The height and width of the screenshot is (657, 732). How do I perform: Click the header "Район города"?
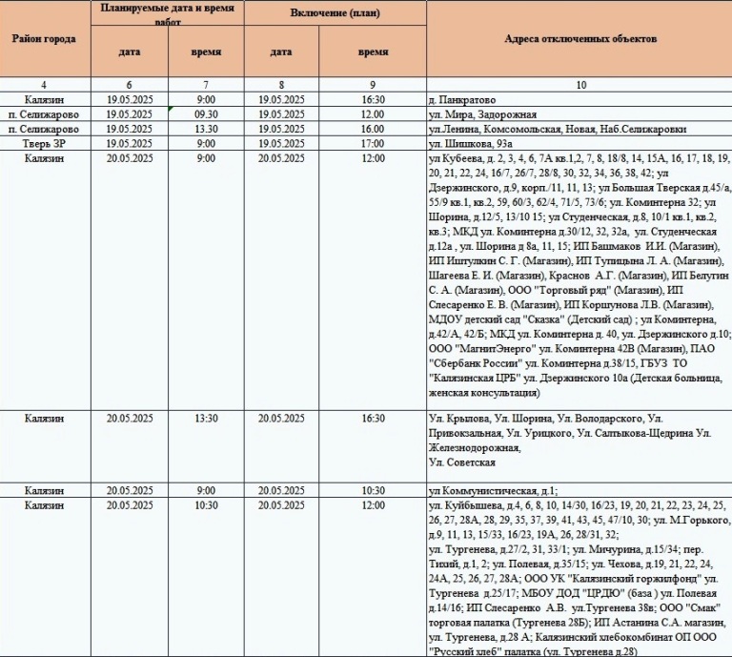[46, 39]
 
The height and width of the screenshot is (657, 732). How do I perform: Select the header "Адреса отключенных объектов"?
[579, 39]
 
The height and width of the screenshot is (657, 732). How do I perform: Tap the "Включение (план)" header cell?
[335, 12]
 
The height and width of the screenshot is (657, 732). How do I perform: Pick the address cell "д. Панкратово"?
[463, 99]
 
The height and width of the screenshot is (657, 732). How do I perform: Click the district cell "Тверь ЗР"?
[46, 143]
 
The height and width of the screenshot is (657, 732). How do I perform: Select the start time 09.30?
[206, 114]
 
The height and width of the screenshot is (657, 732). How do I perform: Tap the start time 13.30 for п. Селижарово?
[206, 129]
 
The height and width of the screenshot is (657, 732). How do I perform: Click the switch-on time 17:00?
[373, 143]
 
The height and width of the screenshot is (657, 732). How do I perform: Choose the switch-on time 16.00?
[373, 129]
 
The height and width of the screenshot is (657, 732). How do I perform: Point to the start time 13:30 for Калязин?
[206, 418]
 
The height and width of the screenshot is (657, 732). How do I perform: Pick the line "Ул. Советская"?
[462, 462]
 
